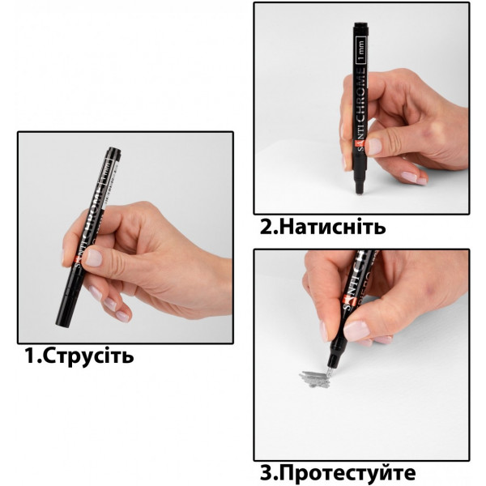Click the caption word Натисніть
(x=334, y=227)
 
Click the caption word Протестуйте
(x=349, y=474)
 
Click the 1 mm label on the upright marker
(x=361, y=50)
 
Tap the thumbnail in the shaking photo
(x=94, y=258)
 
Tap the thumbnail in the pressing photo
(x=375, y=147)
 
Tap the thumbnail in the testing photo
(x=357, y=331)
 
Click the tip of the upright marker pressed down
(x=359, y=194)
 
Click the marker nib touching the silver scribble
(x=329, y=372)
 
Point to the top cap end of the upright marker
(x=361, y=23)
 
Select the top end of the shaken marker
(x=114, y=149)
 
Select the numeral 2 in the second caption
(x=266, y=227)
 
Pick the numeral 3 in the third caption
(x=266, y=473)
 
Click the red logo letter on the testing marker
(x=346, y=300)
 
